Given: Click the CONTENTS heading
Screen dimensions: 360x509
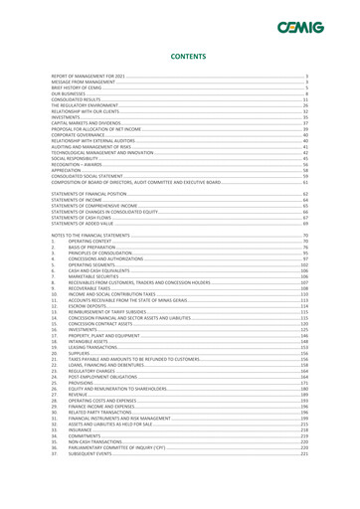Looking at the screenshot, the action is tap(180, 59).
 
